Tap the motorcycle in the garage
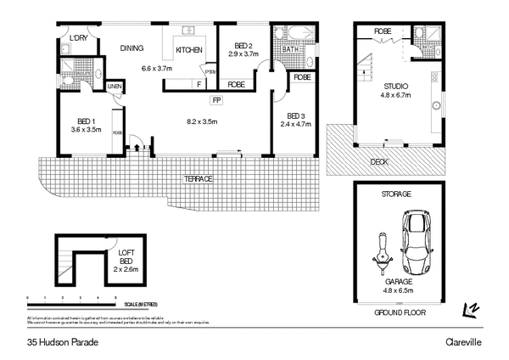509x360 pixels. click(x=378, y=253)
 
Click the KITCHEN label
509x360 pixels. click(x=188, y=51)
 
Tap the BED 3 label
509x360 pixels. click(x=295, y=115)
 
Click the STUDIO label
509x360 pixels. click(x=396, y=86)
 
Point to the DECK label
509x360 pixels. click(x=379, y=160)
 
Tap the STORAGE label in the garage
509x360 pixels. click(x=396, y=194)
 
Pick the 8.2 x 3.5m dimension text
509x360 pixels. click(x=203, y=121)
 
